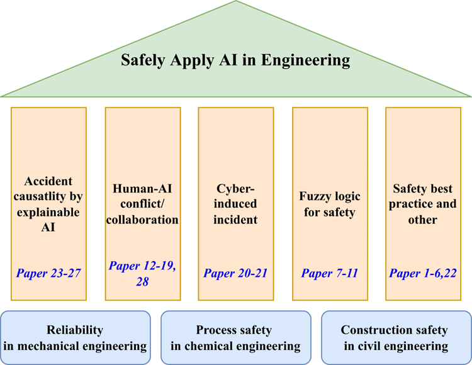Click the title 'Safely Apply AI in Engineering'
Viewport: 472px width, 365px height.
(235, 60)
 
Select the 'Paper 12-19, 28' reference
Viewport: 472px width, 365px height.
(142, 273)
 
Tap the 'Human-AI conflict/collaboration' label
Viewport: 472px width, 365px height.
(142, 204)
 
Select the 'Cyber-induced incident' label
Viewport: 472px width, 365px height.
(236, 203)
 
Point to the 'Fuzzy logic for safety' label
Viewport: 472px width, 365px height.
(330, 204)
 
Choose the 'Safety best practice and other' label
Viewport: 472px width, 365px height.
(424, 204)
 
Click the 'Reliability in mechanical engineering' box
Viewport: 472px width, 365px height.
(75, 338)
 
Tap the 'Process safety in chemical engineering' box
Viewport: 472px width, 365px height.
(236, 338)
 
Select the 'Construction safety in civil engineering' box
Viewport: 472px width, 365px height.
(395, 338)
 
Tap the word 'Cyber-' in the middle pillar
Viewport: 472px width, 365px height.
(236, 188)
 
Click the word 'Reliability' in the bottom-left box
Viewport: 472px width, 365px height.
(75, 330)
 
